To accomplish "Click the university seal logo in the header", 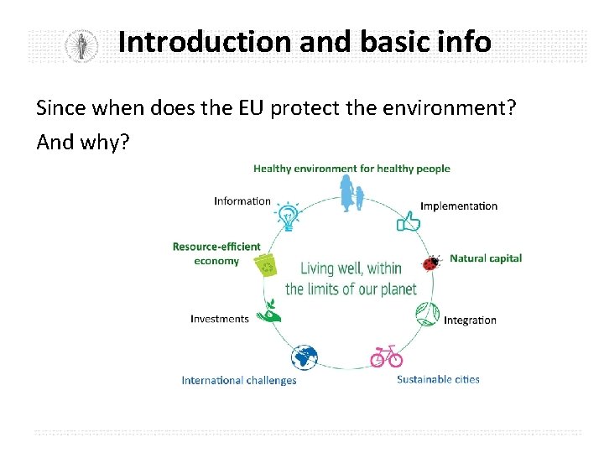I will click(x=81, y=44).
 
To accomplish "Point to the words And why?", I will click(x=83, y=142).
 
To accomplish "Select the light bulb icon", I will click(x=289, y=216).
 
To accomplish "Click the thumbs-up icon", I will click(x=409, y=221).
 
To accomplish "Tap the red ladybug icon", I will click(x=432, y=263).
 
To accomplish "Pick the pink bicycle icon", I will click(x=387, y=357).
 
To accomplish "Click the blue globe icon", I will click(x=305, y=358).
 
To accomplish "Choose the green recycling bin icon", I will click(x=268, y=265).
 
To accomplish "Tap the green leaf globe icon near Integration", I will click(x=427, y=314).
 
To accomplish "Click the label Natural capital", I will click(x=486, y=258).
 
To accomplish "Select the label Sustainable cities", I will click(x=438, y=379).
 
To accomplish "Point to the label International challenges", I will click(x=239, y=380).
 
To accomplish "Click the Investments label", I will click(x=220, y=319).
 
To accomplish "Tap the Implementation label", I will click(x=459, y=206).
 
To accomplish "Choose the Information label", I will click(x=242, y=200).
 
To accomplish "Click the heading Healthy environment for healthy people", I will click(x=351, y=169).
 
